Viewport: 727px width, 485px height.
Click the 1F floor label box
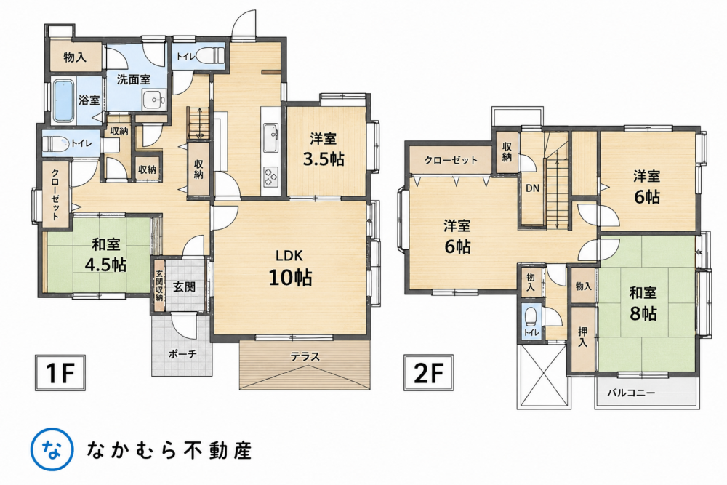[60, 373]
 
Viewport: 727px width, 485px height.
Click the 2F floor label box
[428, 373]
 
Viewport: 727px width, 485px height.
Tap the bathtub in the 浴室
[64, 101]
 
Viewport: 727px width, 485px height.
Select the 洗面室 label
[134, 79]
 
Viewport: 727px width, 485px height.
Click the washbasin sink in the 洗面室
[154, 99]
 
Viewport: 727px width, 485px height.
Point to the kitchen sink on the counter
[270, 137]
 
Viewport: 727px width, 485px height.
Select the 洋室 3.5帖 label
[324, 149]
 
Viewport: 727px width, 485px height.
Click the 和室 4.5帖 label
[105, 254]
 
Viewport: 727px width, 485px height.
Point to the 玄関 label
[184, 287]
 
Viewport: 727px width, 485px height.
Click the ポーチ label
[182, 354]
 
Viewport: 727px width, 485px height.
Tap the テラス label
[305, 356]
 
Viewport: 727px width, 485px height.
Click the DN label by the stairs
[532, 188]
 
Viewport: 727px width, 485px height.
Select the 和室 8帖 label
[643, 304]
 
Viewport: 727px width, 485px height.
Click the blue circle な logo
[52, 449]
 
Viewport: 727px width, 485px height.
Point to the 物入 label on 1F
[75, 57]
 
